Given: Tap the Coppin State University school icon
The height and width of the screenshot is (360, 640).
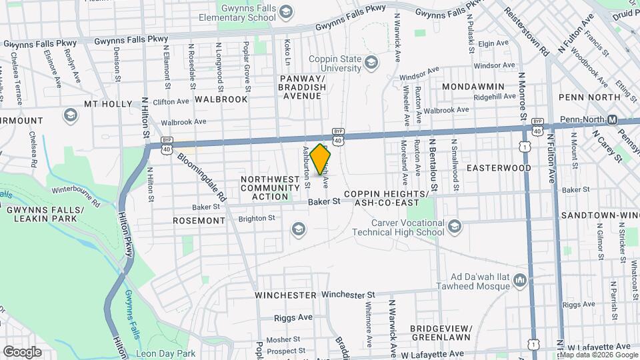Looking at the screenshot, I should tap(371, 64).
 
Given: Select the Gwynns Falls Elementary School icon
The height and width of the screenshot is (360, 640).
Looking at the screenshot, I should tap(286, 11).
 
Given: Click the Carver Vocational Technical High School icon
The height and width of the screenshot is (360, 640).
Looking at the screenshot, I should tap(455, 227).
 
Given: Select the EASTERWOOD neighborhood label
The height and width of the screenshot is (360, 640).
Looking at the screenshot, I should tap(499, 167).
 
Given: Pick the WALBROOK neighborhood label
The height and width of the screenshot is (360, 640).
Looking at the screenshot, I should tap(221, 99).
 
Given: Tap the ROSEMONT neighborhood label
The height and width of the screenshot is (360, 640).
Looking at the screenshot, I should tap(199, 220).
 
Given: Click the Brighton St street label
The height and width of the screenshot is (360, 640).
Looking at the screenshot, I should tap(257, 218).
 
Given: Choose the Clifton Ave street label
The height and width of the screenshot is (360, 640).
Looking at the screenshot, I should tap(171, 102).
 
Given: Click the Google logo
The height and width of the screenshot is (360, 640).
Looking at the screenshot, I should tap(22, 351).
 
